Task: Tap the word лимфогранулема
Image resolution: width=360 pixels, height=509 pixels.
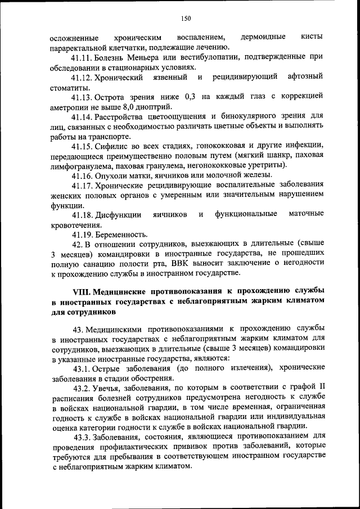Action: point(81,165)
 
